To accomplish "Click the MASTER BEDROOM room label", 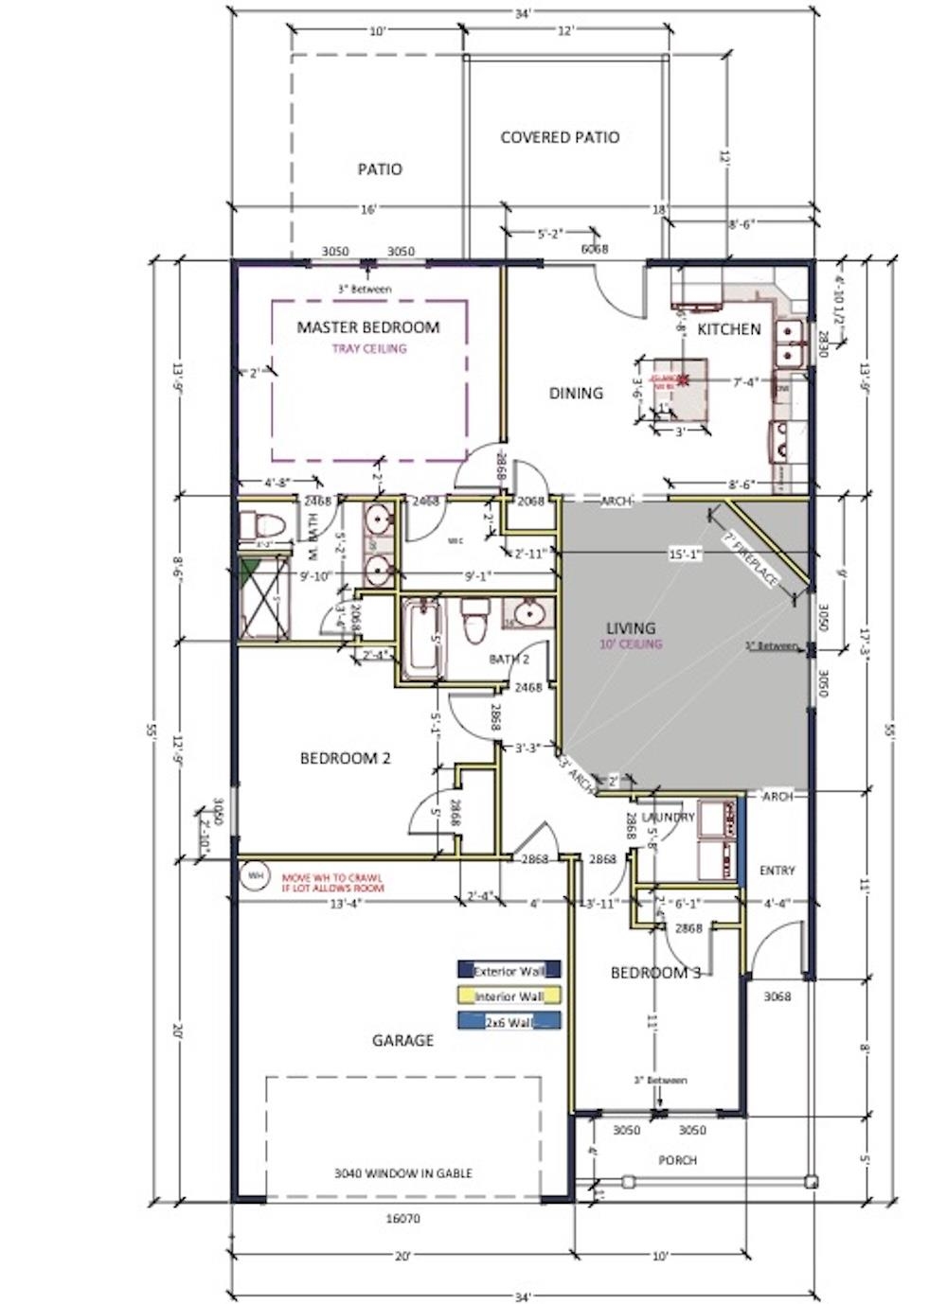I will coord(368,327).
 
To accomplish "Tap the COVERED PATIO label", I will coord(560,137).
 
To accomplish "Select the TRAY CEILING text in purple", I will coord(368,348).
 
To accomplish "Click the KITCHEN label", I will coord(728,329).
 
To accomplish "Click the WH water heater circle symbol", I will coord(254,875).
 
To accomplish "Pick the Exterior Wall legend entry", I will coord(509,970).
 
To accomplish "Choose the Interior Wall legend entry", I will coord(509,996).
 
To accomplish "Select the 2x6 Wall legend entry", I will coord(509,1021).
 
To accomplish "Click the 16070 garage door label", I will coord(403,1219).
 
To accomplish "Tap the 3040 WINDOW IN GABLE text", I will coord(402,1172).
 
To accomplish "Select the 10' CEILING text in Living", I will coord(630,644).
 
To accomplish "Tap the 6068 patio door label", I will coord(594,249).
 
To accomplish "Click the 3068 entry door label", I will coord(777,996).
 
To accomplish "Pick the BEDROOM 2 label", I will coord(345,758).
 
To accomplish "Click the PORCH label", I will coord(677,1160).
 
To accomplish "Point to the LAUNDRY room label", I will coord(668,816).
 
